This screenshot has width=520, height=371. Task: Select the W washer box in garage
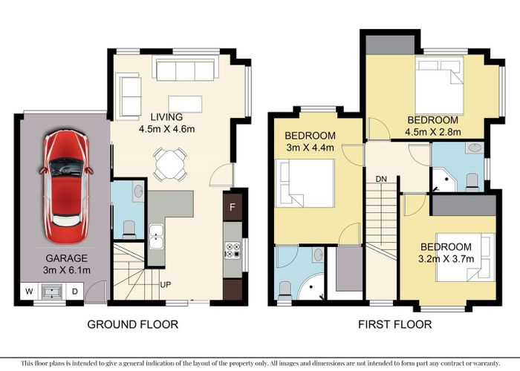29,291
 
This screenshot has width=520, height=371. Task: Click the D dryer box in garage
75,291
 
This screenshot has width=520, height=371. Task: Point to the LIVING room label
166,117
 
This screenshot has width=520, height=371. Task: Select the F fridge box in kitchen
233,206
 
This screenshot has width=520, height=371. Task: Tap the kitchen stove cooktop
233,251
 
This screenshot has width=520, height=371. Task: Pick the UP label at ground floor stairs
166,284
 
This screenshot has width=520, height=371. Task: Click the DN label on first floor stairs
381,180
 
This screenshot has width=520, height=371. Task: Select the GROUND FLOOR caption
133,324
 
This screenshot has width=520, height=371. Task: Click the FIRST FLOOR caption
386,324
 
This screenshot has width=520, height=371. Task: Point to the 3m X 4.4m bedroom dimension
311,148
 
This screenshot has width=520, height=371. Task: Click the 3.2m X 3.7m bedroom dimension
445,259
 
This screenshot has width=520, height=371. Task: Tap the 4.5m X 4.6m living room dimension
166,129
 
